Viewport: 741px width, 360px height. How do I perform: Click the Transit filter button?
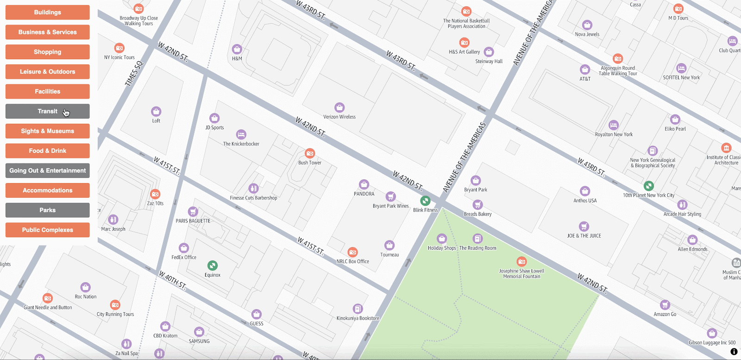click(x=47, y=111)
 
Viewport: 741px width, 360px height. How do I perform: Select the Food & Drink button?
click(x=47, y=151)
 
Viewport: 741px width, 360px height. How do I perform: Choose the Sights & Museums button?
click(x=47, y=131)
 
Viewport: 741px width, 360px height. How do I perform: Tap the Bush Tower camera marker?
click(x=310, y=153)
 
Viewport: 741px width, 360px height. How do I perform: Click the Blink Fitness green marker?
click(x=425, y=201)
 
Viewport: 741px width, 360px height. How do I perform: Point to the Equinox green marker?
click(x=212, y=265)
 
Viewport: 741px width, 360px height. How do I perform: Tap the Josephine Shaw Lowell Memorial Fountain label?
click(x=521, y=274)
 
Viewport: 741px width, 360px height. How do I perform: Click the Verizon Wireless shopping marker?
click(x=339, y=107)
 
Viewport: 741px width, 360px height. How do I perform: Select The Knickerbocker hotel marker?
click(x=241, y=134)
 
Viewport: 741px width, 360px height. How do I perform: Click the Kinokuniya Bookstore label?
click(x=358, y=318)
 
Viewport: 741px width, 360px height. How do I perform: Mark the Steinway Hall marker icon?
click(x=489, y=52)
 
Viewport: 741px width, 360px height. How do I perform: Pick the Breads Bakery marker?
click(x=477, y=205)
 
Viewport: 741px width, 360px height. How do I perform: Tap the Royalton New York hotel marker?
click(x=614, y=125)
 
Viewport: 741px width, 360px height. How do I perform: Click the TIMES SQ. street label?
click(x=134, y=74)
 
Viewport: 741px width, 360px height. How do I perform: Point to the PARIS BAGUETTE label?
click(x=193, y=221)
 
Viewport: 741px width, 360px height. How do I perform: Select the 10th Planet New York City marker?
click(x=649, y=186)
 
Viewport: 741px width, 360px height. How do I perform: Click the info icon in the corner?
click(x=734, y=352)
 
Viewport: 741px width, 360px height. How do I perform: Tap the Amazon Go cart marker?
click(x=665, y=305)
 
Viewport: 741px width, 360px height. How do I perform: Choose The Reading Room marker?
click(x=477, y=239)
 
